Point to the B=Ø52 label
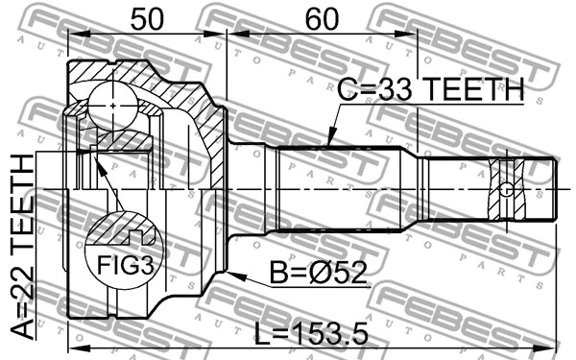click(316, 276)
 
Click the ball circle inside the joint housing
click(113, 99)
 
